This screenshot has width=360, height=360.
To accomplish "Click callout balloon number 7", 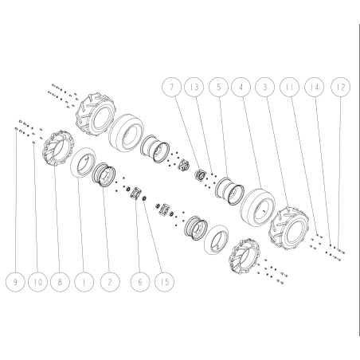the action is [x=172, y=87].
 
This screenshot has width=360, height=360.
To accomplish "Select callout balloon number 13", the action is [x=194, y=87].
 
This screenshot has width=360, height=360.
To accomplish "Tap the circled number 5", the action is [x=218, y=87].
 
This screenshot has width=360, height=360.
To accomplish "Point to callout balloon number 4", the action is [x=241, y=87].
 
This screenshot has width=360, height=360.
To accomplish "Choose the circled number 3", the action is [x=264, y=87].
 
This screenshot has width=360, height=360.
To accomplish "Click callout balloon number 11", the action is [x=290, y=87].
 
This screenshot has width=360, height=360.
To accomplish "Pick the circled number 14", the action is [x=315, y=87].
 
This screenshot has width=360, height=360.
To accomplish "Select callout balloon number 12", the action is [x=341, y=87].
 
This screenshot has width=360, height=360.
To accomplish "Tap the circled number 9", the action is [x=15, y=282].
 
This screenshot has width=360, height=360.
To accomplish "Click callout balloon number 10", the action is [x=38, y=282].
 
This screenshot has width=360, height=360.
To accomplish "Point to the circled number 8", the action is [x=60, y=282].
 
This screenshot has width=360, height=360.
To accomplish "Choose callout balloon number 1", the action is [x=84, y=282].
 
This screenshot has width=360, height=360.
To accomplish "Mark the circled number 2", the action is [x=110, y=282].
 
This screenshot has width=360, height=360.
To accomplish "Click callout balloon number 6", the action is [x=140, y=282].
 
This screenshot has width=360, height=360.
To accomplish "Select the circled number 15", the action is [x=165, y=282].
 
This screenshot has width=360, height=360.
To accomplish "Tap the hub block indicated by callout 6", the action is [x=135, y=193].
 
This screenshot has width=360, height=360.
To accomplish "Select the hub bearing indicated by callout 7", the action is [x=202, y=175].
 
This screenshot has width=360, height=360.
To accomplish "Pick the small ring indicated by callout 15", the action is [x=144, y=198].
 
